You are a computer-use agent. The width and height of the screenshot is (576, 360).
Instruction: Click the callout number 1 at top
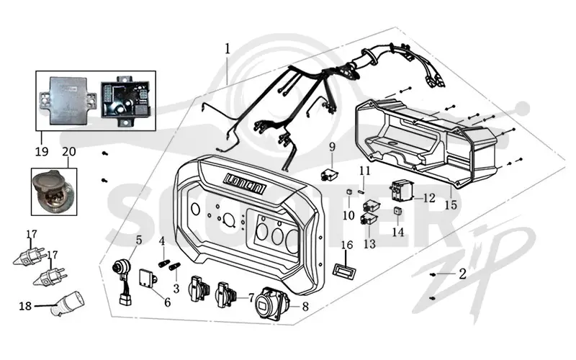[x=228, y=48]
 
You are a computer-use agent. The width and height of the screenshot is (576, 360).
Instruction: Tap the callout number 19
[x=42, y=151]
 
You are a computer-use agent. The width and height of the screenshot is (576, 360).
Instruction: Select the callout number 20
[x=69, y=151]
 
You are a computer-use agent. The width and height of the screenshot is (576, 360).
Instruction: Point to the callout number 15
[x=451, y=204]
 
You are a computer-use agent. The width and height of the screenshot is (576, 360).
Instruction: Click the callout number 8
[x=305, y=307]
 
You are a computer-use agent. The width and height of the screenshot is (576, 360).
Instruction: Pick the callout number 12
[x=428, y=198]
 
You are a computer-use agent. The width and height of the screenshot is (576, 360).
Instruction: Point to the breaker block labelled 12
[x=402, y=189]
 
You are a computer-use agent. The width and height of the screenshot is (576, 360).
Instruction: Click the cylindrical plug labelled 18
[x=68, y=304]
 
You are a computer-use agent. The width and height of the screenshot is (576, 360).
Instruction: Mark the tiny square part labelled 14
[x=398, y=211]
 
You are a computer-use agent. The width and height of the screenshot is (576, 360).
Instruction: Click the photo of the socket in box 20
[x=53, y=192]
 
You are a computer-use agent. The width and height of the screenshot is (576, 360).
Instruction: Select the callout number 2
[x=462, y=274]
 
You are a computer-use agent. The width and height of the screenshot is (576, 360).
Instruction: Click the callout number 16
[x=347, y=245]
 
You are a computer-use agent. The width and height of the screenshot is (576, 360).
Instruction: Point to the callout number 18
[x=25, y=305]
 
